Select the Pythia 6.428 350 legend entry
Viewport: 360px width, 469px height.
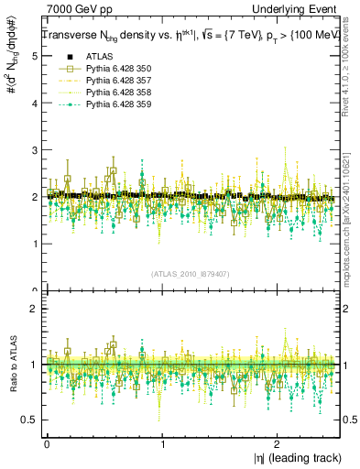point(113,68)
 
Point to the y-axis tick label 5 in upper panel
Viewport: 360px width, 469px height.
point(34,56)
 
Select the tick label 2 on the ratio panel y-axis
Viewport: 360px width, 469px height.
point(34,310)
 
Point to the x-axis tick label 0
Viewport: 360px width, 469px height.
point(47,443)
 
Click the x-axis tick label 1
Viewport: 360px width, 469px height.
point(162,443)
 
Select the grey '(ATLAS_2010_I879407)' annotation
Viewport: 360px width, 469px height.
point(191,273)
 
